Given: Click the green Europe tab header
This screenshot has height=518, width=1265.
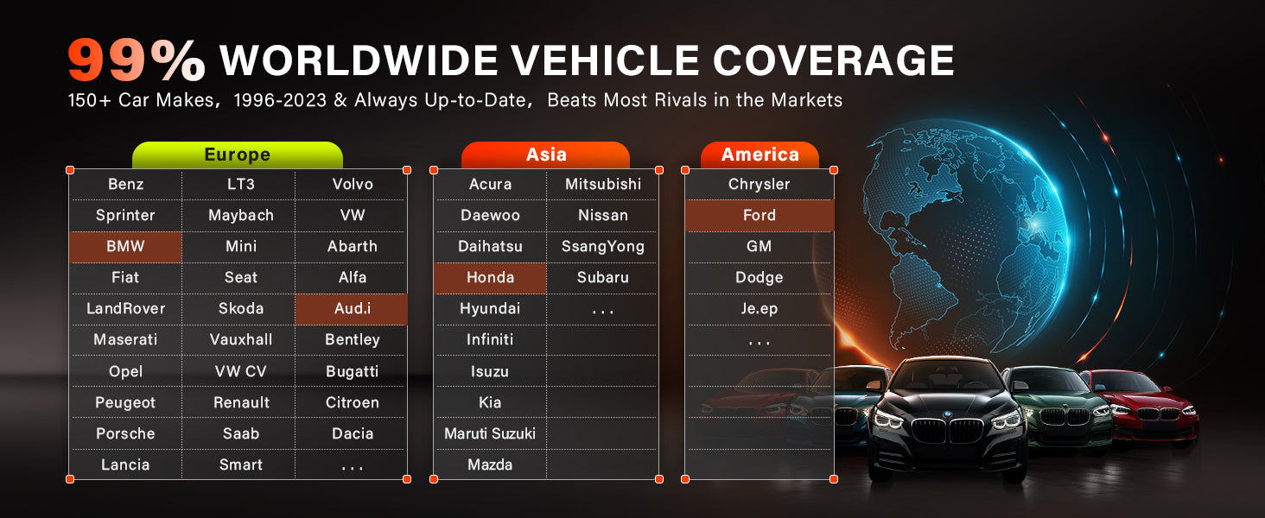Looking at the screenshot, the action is tap(237, 155).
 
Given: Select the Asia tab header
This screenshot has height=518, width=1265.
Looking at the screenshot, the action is tap(545, 155).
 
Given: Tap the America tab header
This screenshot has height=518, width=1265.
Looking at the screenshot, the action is tap(760, 155).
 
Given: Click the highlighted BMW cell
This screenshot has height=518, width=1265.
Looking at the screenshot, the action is tap(125, 247).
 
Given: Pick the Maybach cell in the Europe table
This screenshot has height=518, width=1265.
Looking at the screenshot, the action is tap(240, 216).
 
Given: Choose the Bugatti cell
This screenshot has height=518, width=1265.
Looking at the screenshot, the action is tap(352, 371).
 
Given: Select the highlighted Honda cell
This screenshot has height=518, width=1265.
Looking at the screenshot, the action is tap(490, 278).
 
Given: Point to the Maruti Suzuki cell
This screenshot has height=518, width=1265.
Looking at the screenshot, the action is tap(490, 433).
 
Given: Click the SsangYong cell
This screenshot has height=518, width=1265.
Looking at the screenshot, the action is tap(602, 247).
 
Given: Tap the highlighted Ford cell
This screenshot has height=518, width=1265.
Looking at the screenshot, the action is tap(760, 216).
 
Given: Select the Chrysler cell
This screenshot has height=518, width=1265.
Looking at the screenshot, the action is tap(760, 185).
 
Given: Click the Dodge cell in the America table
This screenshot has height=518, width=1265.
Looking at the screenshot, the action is tap(760, 278).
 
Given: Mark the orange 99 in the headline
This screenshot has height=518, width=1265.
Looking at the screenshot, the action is tap(107, 60).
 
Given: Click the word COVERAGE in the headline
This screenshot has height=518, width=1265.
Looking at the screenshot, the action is tap(833, 60).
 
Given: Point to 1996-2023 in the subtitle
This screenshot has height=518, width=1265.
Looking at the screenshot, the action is tap(280, 100).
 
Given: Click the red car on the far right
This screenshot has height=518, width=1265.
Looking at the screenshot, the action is tap(1143, 407).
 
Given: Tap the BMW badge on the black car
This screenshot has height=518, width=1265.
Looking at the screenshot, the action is tap(948, 414).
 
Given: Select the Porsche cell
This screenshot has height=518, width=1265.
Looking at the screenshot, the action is tap(125, 433).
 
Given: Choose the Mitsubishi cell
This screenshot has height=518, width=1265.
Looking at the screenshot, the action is tap(602, 185).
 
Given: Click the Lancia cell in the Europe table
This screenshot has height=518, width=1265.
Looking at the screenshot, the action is tap(125, 464).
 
